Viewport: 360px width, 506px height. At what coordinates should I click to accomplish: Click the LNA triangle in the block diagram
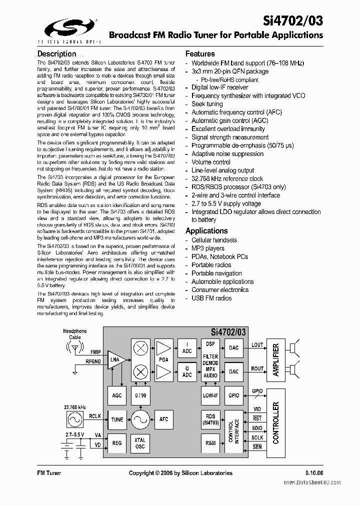115,360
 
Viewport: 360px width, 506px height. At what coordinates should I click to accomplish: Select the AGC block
117,395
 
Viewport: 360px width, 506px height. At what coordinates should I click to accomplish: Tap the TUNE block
117,419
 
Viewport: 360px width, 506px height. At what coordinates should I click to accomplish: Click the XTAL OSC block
140,443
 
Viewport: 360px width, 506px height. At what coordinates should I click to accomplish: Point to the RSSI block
210,443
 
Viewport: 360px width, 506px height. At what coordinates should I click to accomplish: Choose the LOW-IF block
210,395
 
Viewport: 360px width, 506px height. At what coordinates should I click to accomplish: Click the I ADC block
187,348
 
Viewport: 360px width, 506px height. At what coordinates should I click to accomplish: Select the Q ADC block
187,371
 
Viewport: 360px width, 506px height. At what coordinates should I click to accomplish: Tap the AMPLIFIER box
275,359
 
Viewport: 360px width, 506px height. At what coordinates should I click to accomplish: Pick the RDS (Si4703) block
210,419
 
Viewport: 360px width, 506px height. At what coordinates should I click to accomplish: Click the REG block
117,443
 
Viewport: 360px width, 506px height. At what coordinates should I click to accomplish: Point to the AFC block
163,419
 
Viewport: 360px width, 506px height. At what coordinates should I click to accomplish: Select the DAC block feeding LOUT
233,348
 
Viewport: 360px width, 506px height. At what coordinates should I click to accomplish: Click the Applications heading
206,231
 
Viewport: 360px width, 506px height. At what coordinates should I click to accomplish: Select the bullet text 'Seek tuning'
207,104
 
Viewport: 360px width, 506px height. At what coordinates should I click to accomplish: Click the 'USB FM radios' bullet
211,298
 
